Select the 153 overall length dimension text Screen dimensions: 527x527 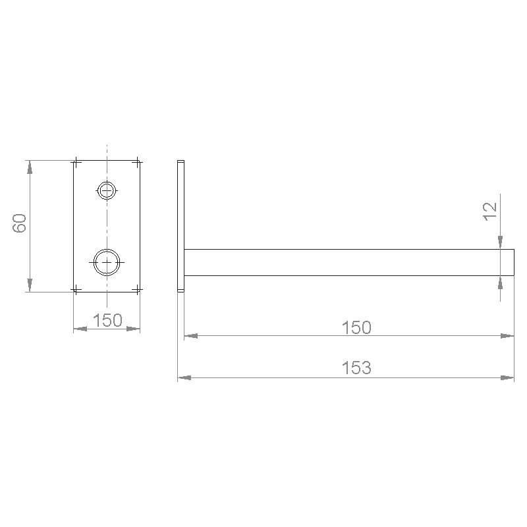coord(356,368)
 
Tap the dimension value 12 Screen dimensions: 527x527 coord(489,211)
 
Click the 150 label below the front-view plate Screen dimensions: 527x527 coord(107,320)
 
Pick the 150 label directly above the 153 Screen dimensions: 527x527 coord(356,327)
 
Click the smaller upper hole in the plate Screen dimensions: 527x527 coord(107,191)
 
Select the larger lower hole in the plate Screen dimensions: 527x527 coord(107,262)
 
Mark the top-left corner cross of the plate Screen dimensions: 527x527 coord(76,161)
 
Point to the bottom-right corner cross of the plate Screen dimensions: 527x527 coord(137,289)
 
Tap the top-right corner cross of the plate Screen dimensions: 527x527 coord(137,161)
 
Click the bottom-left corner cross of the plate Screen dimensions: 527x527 coord(76,289)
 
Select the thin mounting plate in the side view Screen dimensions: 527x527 coord(181,225)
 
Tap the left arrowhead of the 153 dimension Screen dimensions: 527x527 coord(184,377)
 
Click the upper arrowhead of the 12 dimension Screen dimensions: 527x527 coord(501,243)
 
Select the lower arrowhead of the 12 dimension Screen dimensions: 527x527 coord(501,282)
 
